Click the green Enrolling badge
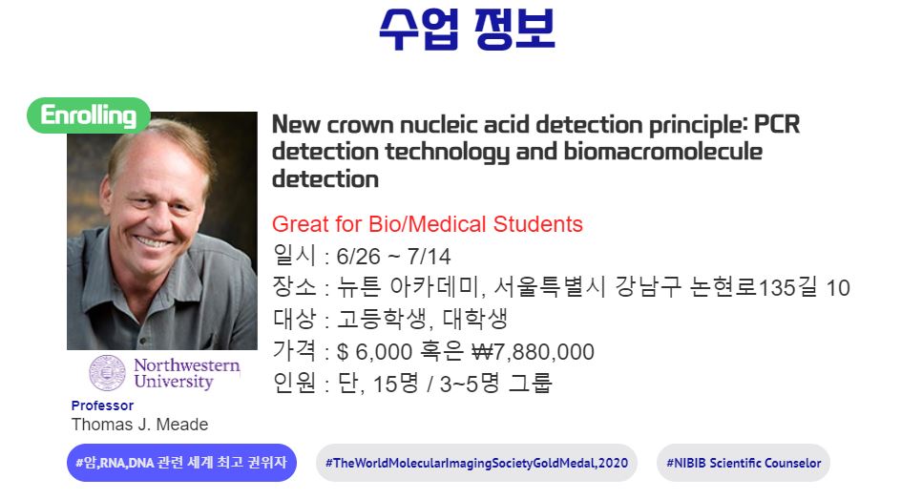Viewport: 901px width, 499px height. (x=89, y=115)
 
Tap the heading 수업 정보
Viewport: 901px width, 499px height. (x=467, y=30)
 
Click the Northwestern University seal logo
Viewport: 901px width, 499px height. (x=107, y=373)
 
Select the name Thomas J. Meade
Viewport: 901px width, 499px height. (x=139, y=425)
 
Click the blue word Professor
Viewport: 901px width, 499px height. (x=102, y=405)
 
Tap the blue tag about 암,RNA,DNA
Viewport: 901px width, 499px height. (x=181, y=462)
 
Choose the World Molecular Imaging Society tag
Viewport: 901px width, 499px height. (x=476, y=462)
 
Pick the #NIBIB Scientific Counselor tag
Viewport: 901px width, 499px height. (x=743, y=462)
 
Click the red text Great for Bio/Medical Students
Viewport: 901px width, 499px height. (x=427, y=224)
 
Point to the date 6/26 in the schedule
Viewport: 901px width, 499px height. (x=358, y=256)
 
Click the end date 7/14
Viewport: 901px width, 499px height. (x=429, y=256)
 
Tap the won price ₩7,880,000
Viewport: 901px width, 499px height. (x=533, y=351)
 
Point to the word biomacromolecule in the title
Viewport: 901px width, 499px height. (x=663, y=152)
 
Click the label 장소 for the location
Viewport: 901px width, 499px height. (x=294, y=286)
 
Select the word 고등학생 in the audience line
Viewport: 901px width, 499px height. (x=381, y=319)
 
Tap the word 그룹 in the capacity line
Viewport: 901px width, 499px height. (x=531, y=383)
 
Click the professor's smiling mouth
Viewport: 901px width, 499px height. (x=154, y=240)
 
